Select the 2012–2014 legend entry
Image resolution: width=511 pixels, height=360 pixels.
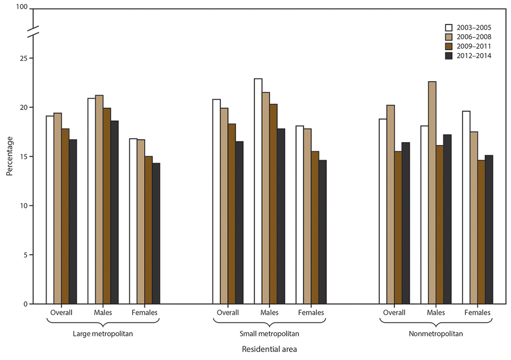467,56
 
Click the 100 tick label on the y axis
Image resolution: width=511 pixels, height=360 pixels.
21,9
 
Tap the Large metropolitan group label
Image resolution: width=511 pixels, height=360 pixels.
103,333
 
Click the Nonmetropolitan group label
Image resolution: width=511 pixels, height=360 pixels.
435,333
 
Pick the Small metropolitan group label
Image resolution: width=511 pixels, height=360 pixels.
269,333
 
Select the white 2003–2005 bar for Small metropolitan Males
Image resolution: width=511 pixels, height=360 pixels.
258,191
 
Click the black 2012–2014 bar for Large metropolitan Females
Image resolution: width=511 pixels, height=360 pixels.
156,233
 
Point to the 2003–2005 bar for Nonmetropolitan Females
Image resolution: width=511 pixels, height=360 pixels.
466,207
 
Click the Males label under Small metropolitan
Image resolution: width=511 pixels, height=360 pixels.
270,313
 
